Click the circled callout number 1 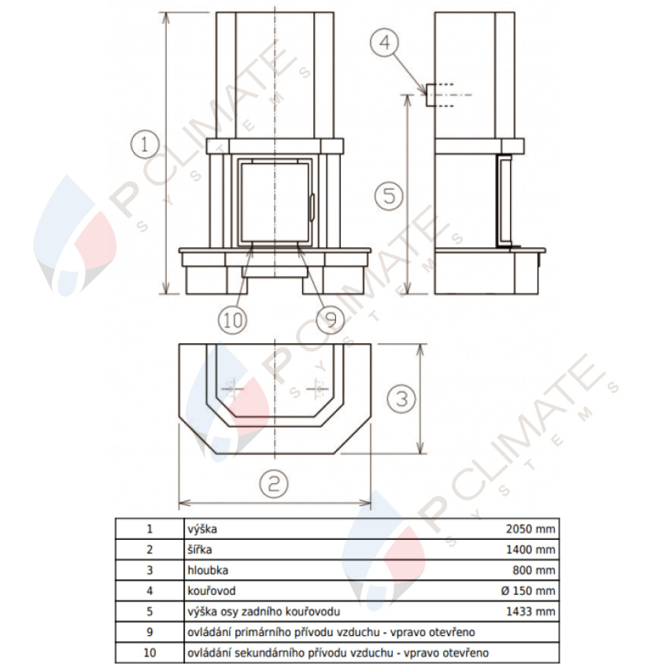145,144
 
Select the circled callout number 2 274,483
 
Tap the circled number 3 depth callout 401,399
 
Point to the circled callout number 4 384,43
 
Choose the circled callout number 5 389,196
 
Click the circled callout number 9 331,319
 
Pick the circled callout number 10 232,320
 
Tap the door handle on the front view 312,207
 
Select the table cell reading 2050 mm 530,529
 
